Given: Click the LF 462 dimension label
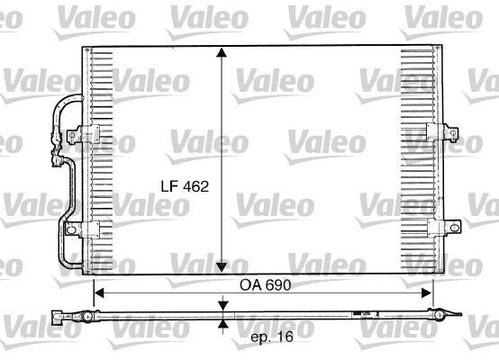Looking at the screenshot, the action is point(185,186).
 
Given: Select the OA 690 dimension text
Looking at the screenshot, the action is point(266,285).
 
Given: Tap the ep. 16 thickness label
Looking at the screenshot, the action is point(272,337).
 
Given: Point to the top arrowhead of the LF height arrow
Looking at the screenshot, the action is point(222,52).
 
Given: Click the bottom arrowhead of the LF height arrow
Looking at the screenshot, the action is point(222,267).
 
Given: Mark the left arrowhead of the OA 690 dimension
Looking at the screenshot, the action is point(99,293).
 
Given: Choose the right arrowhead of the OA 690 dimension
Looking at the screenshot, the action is point(427,293).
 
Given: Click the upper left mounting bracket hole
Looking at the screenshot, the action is point(72,136).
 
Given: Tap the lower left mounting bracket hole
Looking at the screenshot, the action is point(71,229).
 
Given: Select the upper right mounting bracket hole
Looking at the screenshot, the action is point(453,133).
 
